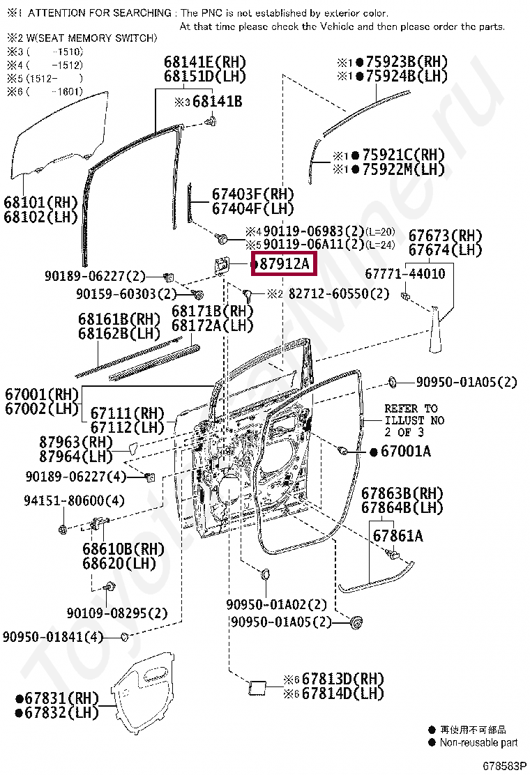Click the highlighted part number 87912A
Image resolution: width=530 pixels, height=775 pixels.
(283, 264)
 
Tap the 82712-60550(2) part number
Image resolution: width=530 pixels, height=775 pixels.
(338, 294)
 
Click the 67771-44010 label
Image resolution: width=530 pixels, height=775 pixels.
(406, 274)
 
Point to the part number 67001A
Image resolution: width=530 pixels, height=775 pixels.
(405, 452)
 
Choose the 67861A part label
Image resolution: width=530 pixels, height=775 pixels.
(397, 536)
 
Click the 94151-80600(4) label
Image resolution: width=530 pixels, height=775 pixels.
(74, 500)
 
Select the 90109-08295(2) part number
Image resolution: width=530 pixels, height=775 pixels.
(117, 613)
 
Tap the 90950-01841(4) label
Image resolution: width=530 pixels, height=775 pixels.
(52, 636)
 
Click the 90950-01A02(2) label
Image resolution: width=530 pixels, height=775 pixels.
(276, 604)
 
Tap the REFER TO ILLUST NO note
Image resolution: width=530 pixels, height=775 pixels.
(414, 420)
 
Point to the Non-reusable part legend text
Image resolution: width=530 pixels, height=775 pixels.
(478, 743)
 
